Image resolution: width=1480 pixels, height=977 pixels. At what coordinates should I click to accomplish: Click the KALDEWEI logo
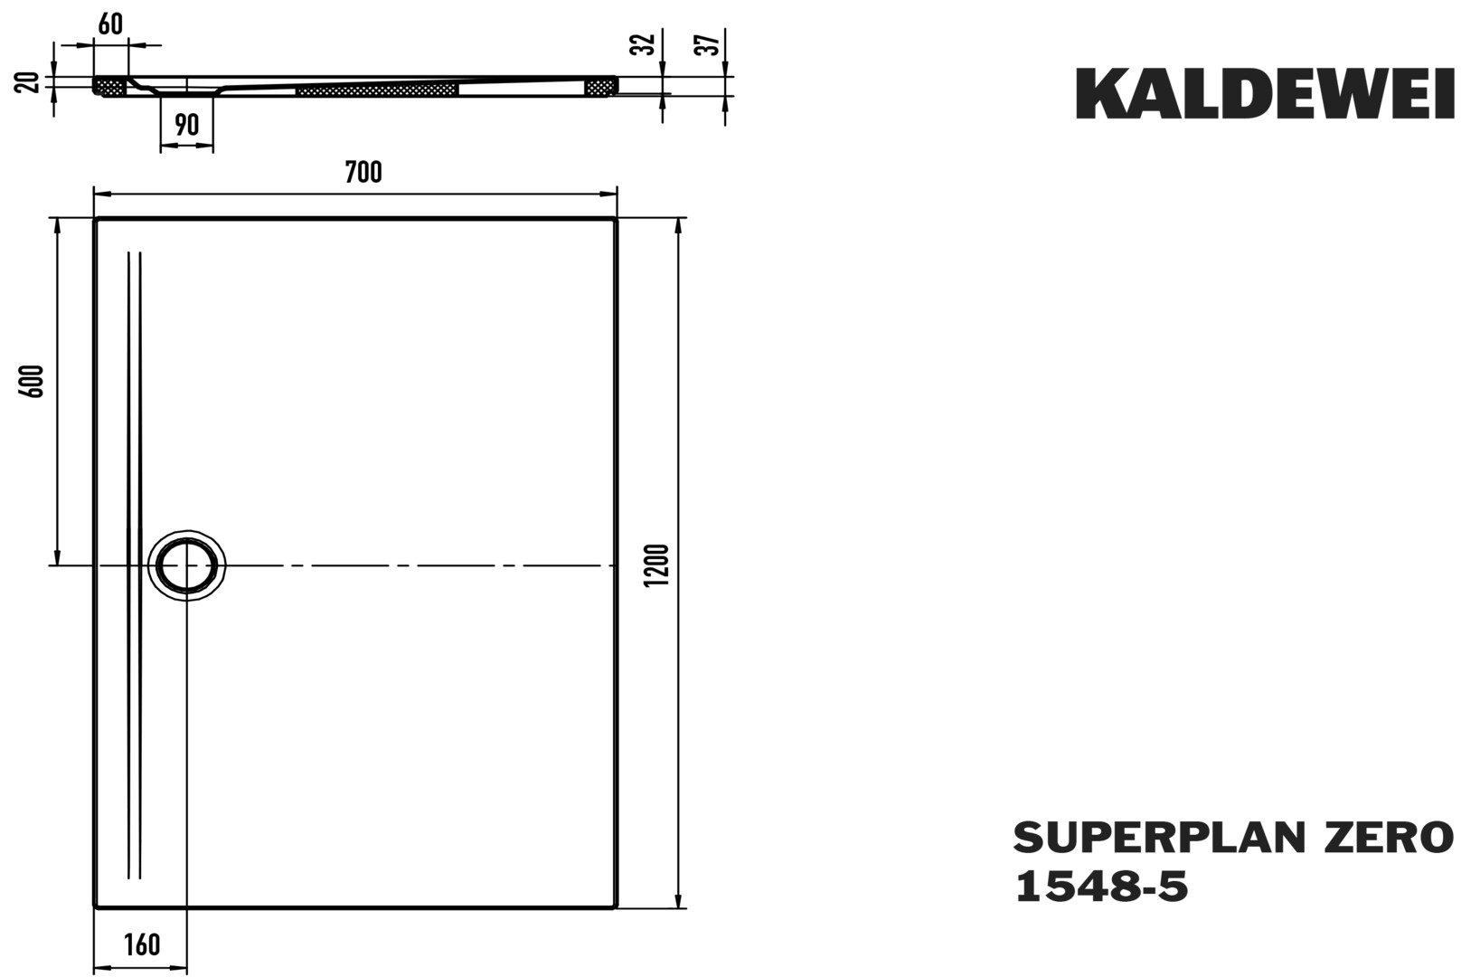click(x=1265, y=94)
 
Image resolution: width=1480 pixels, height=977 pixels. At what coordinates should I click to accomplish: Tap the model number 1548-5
click(x=1101, y=886)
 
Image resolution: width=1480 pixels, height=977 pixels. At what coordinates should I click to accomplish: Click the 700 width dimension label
click(x=363, y=173)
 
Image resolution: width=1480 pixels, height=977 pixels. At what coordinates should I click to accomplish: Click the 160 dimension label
click(x=142, y=944)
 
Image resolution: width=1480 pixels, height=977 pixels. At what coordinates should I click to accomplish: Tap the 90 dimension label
click(x=187, y=125)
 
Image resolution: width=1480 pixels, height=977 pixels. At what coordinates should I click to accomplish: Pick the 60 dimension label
click(x=110, y=24)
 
